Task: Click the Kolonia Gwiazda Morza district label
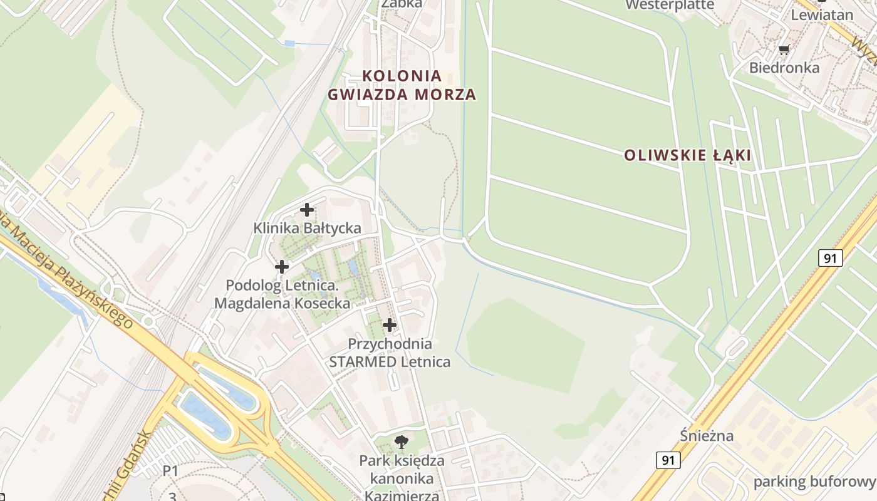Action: click(x=402, y=85)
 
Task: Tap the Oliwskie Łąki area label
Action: click(x=687, y=155)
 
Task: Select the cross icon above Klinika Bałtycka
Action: click(x=307, y=210)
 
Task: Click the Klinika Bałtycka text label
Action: click(x=307, y=228)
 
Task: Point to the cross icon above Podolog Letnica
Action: click(x=282, y=267)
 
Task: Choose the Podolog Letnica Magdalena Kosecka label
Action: click(x=282, y=294)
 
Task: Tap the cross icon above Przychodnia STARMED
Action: click(x=390, y=325)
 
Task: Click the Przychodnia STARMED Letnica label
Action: click(x=390, y=353)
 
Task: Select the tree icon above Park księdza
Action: click(x=402, y=442)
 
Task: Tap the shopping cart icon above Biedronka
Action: click(x=784, y=49)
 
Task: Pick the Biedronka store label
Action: click(x=784, y=67)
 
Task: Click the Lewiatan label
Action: click(x=822, y=14)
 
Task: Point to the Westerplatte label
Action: click(x=670, y=5)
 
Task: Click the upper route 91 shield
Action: click(x=830, y=257)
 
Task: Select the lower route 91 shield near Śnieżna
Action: click(x=668, y=460)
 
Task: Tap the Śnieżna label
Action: click(x=707, y=435)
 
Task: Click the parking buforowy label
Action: click(x=814, y=482)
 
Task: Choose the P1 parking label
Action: click(x=170, y=470)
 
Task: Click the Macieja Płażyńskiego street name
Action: click(x=69, y=269)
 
